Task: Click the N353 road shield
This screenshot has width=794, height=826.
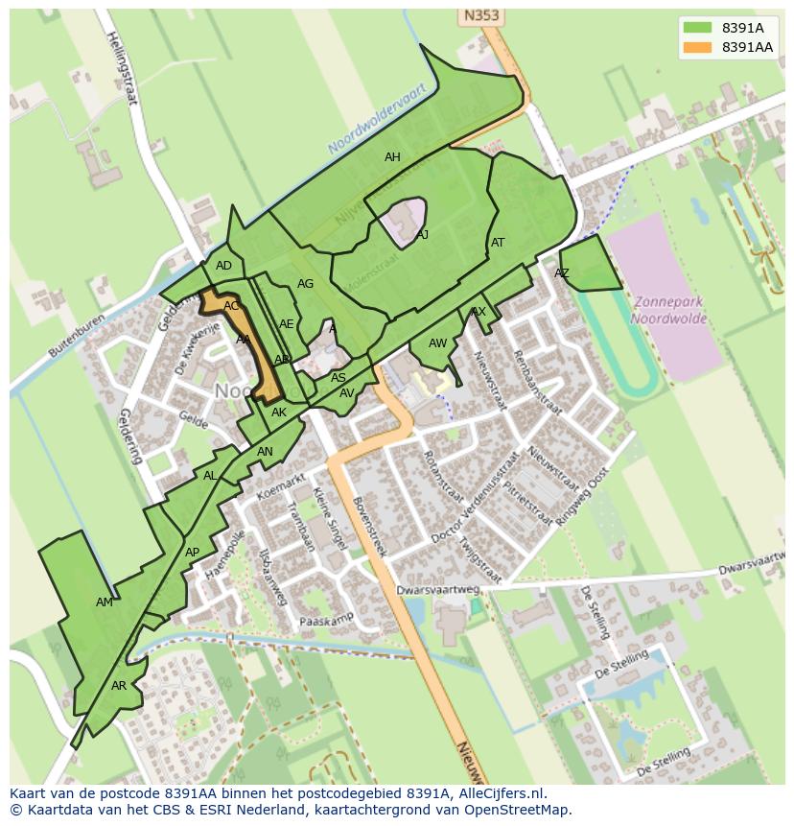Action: [482, 16]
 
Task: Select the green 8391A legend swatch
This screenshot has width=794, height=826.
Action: [698, 28]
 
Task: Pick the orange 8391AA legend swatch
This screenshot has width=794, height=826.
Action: [698, 47]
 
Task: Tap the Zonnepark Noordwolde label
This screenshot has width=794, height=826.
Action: [667, 310]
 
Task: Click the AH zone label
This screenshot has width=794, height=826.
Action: [392, 157]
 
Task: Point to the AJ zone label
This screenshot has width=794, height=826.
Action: [422, 234]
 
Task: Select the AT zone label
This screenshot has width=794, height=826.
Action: [498, 243]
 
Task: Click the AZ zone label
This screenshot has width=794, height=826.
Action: [562, 273]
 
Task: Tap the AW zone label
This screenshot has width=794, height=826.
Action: [437, 343]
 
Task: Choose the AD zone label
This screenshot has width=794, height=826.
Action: [223, 266]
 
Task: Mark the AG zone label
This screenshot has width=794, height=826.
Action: [305, 284]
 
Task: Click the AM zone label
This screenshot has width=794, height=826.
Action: [105, 602]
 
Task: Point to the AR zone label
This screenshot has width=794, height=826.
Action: [119, 686]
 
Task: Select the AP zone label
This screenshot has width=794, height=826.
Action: [192, 553]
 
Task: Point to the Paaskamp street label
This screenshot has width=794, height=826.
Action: [327, 621]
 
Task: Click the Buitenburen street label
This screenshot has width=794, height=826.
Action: [66, 342]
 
